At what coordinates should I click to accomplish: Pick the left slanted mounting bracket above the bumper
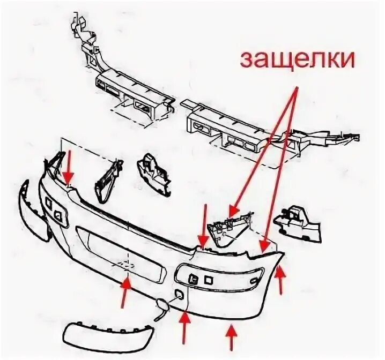tap(107, 179)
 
